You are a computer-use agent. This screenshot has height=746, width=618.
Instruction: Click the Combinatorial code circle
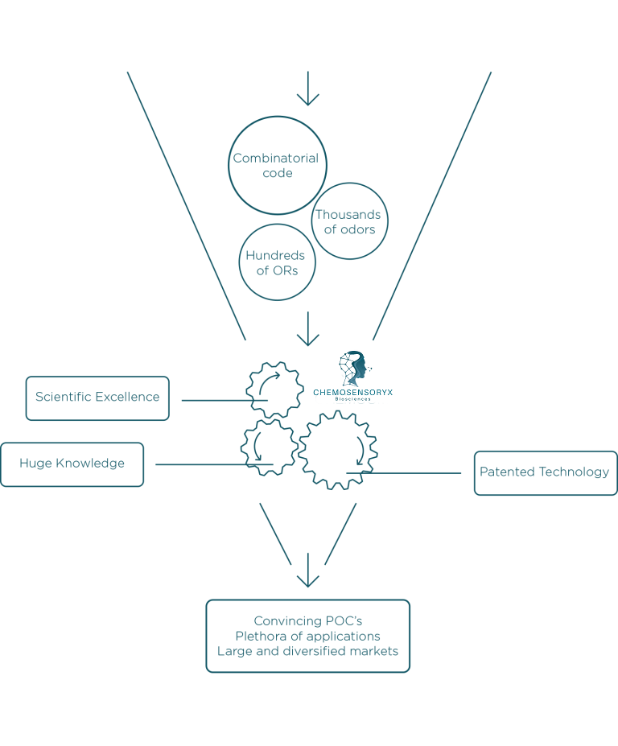(277, 165)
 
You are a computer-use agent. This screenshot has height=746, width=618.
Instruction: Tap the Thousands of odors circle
(349, 221)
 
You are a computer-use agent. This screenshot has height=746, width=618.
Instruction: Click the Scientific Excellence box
(97, 398)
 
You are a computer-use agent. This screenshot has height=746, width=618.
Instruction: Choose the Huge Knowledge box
(72, 464)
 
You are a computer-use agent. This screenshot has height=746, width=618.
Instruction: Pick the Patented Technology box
(545, 472)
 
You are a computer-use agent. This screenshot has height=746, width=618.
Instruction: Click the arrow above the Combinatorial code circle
(307, 89)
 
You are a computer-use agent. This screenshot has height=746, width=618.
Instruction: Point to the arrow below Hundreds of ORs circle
(307, 330)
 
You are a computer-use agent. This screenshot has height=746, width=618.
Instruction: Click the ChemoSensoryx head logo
(354, 367)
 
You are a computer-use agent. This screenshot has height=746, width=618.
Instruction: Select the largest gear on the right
(338, 450)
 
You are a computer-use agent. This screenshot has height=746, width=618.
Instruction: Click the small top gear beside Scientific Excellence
(274, 390)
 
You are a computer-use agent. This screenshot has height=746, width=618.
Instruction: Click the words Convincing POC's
(308, 620)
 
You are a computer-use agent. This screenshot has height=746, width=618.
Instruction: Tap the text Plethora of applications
(308, 636)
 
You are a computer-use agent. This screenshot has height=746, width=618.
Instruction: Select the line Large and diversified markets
(308, 651)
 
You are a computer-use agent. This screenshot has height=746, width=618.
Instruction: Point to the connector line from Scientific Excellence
(213, 399)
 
